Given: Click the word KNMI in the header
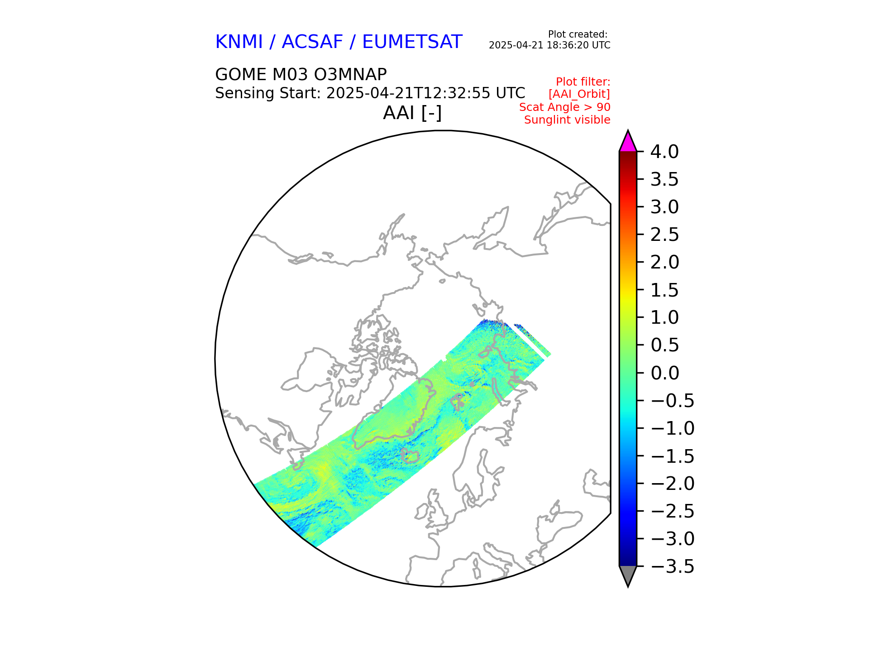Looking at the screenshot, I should tap(239, 42).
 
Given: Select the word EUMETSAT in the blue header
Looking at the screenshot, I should tap(412, 42).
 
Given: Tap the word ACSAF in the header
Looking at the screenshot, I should tap(312, 42).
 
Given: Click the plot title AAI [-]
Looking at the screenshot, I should tap(412, 113).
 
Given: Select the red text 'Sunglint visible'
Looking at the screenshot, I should tap(567, 120).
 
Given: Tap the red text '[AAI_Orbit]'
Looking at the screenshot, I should tap(579, 94).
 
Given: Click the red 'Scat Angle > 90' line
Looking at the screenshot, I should tap(564, 107).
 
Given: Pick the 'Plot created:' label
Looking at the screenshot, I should tap(577, 34).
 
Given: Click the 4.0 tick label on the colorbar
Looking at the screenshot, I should tap(664, 152).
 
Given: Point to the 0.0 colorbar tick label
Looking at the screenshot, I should tap(664, 373).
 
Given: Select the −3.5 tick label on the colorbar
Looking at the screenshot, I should tap(672, 566).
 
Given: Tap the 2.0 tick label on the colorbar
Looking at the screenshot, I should tap(664, 262).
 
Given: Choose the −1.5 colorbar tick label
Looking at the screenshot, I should tap(672, 456).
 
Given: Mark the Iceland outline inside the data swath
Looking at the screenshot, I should tap(411, 455).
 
